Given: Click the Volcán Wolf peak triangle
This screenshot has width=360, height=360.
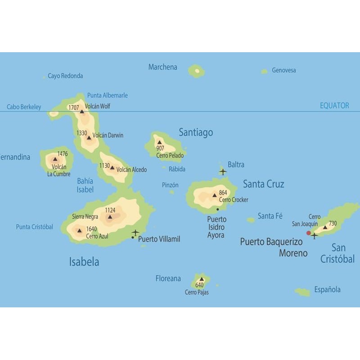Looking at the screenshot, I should (x=82, y=111).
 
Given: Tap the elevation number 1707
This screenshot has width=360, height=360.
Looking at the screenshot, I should (x=73, y=108).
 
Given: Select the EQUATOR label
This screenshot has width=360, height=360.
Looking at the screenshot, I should (x=334, y=106).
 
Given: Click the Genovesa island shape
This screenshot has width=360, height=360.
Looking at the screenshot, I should (x=264, y=71).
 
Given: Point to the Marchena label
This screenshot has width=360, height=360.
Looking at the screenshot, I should (x=162, y=67).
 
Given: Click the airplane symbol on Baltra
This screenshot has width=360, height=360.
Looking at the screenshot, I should (x=222, y=171).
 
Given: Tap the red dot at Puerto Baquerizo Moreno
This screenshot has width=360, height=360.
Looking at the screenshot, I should (x=308, y=233).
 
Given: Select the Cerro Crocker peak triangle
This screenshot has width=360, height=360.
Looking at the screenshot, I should (x=215, y=195).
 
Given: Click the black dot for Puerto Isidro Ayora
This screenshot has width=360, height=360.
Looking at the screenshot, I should (x=217, y=209).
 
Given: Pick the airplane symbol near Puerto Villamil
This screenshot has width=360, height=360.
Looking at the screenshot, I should (x=135, y=232).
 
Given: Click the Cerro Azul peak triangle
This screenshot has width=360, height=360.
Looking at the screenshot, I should (x=80, y=231).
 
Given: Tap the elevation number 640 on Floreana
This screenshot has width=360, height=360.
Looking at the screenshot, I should (x=199, y=285).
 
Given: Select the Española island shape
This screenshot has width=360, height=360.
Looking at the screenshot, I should (x=303, y=292).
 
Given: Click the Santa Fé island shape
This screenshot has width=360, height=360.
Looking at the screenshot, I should (x=251, y=220).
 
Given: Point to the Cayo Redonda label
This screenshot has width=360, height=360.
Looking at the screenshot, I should (x=65, y=76).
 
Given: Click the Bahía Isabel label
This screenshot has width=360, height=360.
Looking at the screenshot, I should (x=85, y=185).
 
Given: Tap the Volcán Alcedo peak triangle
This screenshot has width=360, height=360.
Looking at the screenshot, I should (x=112, y=167).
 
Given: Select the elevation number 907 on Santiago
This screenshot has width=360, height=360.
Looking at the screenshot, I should (x=160, y=148).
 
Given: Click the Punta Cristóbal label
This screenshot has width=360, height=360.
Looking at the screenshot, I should (x=34, y=227).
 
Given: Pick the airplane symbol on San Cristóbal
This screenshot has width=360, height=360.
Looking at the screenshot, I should (x=314, y=235).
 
